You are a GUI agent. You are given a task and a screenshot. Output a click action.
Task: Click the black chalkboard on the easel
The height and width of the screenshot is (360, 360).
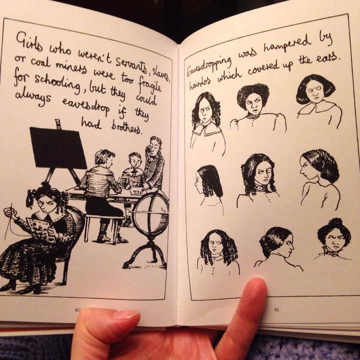tap(58, 148)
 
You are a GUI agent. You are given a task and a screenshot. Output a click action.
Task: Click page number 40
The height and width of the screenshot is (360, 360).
tap(77, 310)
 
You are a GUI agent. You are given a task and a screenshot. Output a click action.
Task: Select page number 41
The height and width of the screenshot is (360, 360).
tap(276, 310)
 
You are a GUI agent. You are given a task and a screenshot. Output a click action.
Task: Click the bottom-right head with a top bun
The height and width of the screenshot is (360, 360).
tap(334, 239)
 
